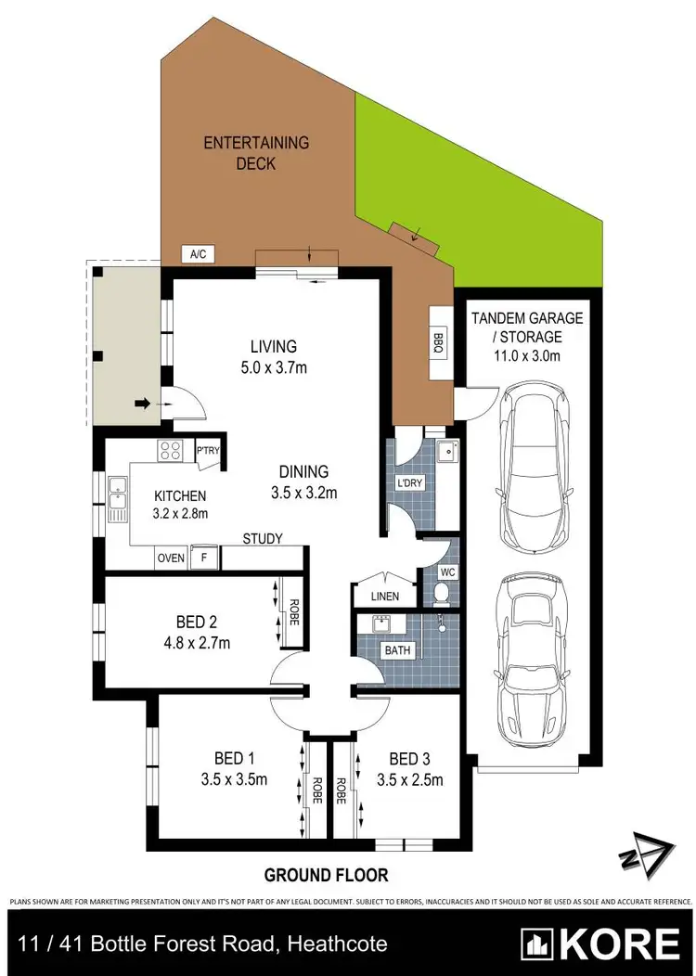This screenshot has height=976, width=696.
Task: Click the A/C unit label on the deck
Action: point(197,253)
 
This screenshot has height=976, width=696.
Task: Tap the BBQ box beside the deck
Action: point(438,341)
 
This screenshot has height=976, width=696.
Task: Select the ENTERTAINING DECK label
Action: point(256,153)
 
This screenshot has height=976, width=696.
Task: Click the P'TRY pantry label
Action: point(207,451)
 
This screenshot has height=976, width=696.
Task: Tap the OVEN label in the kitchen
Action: point(171,558)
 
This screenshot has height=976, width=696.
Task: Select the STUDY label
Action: point(262,538)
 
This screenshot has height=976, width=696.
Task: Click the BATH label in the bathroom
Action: point(397,650)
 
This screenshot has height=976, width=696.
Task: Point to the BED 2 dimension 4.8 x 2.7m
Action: point(196,642)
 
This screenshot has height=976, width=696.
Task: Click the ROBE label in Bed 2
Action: point(292,613)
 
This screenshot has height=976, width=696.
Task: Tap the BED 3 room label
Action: point(410,758)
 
